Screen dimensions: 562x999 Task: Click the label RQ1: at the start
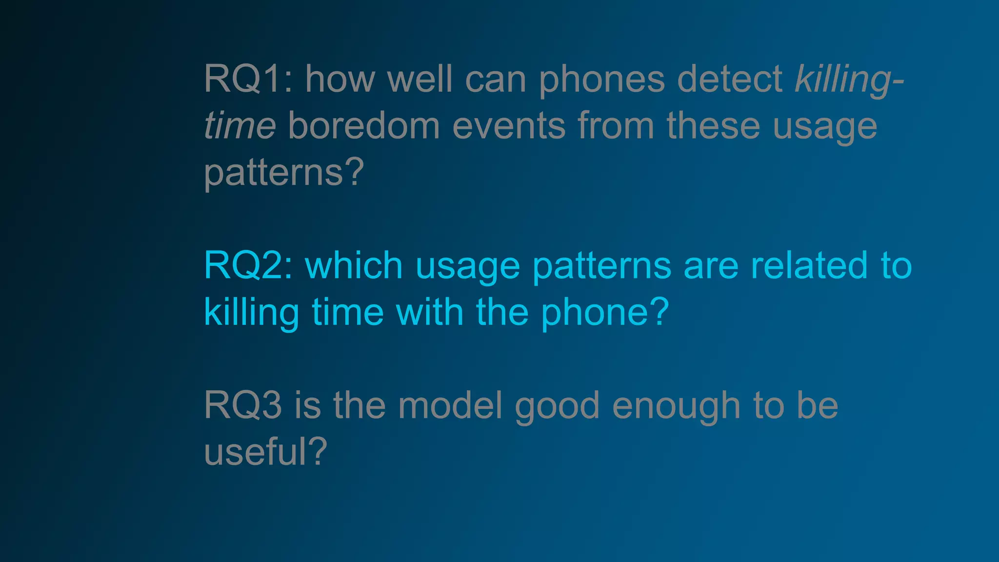tap(248, 79)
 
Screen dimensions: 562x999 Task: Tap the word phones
tap(601, 80)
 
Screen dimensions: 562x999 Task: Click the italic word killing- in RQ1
tap(849, 80)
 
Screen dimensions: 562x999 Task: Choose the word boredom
tap(364, 125)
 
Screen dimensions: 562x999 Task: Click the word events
tap(509, 125)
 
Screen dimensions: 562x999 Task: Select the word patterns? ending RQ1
tap(284, 173)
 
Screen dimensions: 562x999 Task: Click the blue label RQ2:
tap(248, 266)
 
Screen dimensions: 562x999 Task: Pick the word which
tap(354, 266)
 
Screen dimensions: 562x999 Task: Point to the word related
tap(809, 266)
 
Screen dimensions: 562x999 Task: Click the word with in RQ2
tap(429, 312)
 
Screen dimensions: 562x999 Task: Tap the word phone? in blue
tap(605, 313)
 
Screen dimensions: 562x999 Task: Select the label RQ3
tap(243, 405)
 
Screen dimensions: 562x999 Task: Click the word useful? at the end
tap(265, 452)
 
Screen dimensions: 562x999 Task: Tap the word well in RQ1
tap(420, 79)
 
